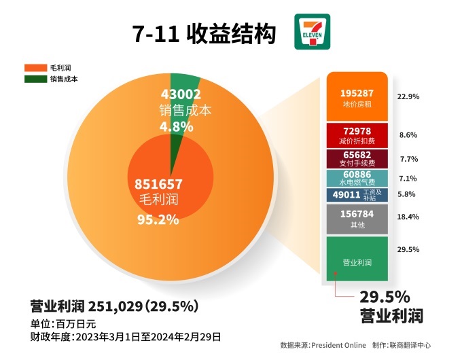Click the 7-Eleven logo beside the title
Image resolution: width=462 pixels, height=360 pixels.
coord(312,31)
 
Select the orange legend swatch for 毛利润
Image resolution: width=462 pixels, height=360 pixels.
coord(35,68)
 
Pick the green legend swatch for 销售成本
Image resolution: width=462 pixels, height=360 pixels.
coord(35,79)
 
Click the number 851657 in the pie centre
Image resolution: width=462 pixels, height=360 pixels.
coord(158,183)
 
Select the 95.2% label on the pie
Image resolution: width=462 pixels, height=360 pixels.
coord(158,219)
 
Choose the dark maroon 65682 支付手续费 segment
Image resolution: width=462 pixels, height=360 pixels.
coord(357,158)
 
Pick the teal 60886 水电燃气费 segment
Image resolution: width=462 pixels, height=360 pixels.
coord(357,178)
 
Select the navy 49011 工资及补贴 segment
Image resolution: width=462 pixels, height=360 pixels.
coord(357,194)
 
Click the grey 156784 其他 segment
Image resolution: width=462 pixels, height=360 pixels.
coord(357,218)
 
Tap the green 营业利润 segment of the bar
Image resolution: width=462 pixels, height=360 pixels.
coord(357,258)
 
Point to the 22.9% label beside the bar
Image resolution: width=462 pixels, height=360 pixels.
coord(409,96)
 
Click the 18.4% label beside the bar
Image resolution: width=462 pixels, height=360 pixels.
coord(409,217)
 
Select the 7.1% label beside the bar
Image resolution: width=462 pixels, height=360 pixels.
coord(409,179)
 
